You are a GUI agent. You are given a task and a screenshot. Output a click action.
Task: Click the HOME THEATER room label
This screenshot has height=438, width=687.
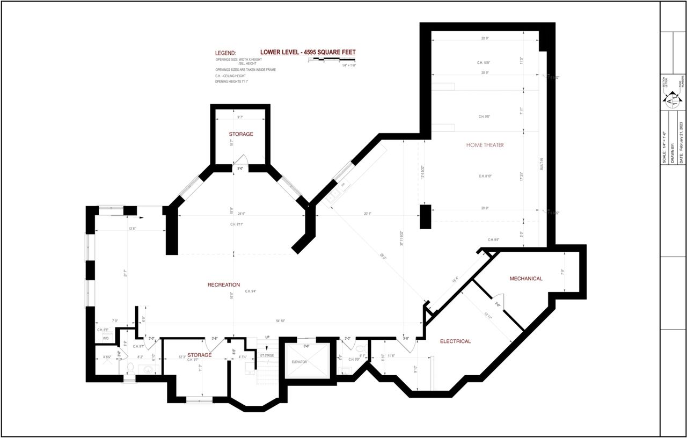pyautogui.click(x=485, y=145)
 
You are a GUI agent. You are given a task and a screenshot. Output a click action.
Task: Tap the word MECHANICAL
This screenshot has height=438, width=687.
pyautogui.click(x=525, y=279)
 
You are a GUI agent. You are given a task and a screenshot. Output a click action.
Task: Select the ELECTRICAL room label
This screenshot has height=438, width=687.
pyautogui.click(x=455, y=341)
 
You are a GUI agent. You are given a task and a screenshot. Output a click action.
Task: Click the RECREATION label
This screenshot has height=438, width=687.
pyautogui.click(x=223, y=285)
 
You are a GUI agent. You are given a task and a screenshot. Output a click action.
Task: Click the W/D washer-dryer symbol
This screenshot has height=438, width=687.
pyautogui.click(x=106, y=339)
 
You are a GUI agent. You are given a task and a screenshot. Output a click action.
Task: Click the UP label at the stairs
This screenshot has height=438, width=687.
pyautogui.click(x=267, y=337)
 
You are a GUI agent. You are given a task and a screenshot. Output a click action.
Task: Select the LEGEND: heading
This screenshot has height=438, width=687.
pyautogui.click(x=225, y=54)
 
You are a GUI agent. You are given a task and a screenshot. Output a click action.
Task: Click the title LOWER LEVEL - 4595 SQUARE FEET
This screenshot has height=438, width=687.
pyautogui.click(x=308, y=52)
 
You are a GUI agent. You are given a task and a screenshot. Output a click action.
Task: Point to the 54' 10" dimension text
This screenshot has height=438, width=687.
pyautogui.click(x=280, y=321)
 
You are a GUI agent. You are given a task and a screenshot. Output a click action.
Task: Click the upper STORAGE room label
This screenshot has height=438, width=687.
pyautogui.click(x=240, y=134)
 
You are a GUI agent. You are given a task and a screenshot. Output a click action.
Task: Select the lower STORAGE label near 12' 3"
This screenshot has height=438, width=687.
pyautogui.click(x=199, y=355)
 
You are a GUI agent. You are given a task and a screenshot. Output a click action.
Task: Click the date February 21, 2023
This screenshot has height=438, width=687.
pyautogui.click(x=681, y=142)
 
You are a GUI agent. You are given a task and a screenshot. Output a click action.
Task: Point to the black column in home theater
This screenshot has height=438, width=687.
pyautogui.click(x=425, y=217)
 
